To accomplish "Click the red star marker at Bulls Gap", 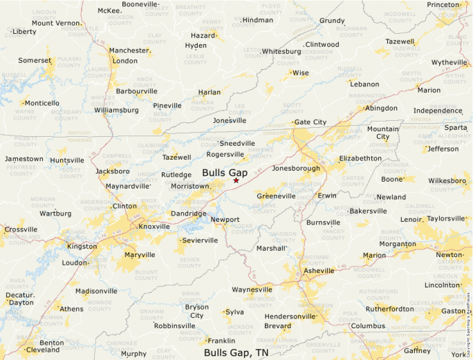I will tap(236, 180).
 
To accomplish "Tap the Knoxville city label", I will tap(154, 227).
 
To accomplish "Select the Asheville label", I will tap(319, 271).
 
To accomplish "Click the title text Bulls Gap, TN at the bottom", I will tap(236, 352).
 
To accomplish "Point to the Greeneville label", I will tap(276, 196).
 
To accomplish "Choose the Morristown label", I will tap(189, 187).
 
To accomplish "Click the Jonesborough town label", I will tap(297, 169).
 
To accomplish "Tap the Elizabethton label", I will tap(360, 158).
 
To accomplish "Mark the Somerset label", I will tap(35, 61).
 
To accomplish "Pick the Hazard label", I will tap(203, 35).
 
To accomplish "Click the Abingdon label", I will tap(381, 108).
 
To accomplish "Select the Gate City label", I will tap(310, 122).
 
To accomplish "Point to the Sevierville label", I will tap(199, 240).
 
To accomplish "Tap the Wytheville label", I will tap(449, 62).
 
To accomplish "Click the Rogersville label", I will tap(225, 155).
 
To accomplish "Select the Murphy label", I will tap(133, 354).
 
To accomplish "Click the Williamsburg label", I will tap(116, 110).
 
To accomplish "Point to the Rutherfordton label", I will tap(389, 309).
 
